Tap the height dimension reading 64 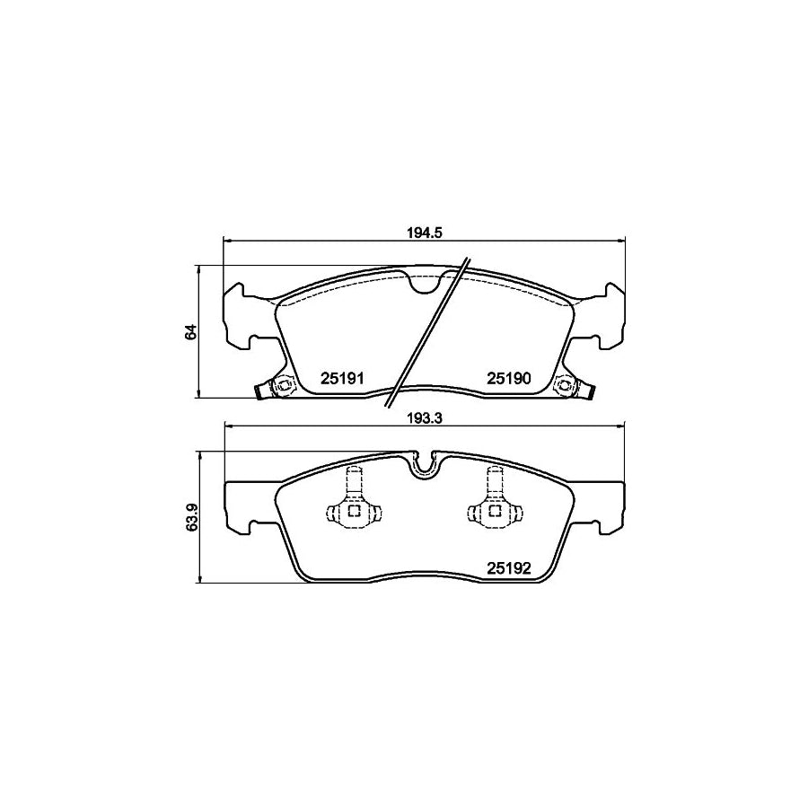pos(189,332)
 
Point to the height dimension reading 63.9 pos(189,517)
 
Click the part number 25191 pos(341,379)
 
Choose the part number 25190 pos(510,379)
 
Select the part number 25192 pos(510,567)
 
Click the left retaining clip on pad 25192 pos(353,503)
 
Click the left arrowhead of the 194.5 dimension pos(227,241)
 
